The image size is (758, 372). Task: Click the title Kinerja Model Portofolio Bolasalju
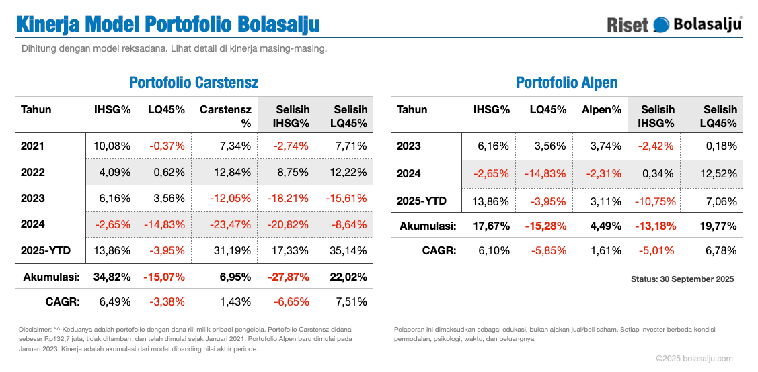[167, 24]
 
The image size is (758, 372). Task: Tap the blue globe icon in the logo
[662, 24]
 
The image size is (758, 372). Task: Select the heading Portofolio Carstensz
[194, 83]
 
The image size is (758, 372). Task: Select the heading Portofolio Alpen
[566, 83]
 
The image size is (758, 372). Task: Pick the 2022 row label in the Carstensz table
[33, 172]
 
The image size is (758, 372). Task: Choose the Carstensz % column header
[225, 116]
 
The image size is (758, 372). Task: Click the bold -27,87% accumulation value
[291, 277]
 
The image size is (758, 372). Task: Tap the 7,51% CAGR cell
[352, 301]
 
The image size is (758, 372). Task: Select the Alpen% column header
[601, 109]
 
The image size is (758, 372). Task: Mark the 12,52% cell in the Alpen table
[720, 173]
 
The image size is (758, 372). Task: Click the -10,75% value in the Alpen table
[657, 201]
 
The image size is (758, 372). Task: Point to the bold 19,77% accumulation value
[718, 226]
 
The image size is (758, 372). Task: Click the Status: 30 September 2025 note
[682, 279]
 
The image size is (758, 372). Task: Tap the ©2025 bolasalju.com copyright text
[694, 359]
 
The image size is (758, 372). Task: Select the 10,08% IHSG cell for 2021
[112, 146]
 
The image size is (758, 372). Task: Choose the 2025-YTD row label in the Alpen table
[422, 201]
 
